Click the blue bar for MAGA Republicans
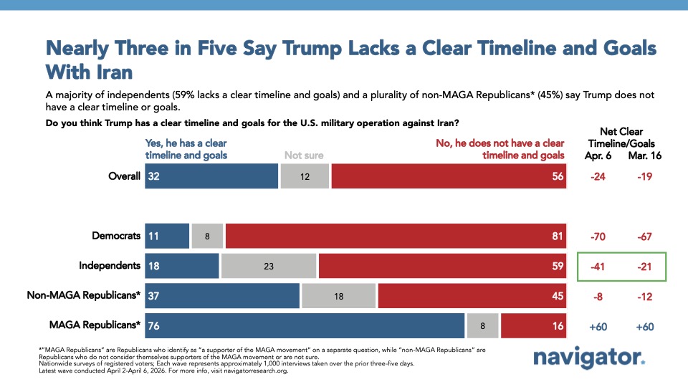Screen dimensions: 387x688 coord(305,326)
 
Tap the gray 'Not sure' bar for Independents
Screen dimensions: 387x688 coord(269,265)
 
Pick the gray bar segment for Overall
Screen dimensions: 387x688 coord(305,176)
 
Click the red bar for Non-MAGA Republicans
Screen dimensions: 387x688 coord(472,296)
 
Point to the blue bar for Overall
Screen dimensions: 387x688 coord(211,176)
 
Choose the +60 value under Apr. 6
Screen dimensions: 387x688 coord(598,326)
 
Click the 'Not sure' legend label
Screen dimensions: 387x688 coord(303,154)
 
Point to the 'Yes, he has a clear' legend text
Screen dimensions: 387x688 coord(186,143)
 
